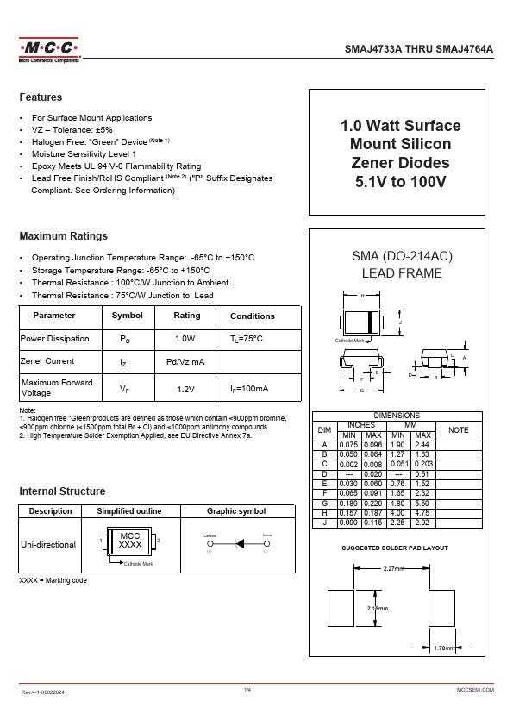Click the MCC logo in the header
click(49, 50)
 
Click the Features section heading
click(41, 97)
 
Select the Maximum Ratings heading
click(63, 235)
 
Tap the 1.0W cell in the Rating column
click(185, 339)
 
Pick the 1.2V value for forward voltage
click(185, 390)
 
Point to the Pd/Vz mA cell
click(185, 362)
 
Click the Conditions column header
click(252, 316)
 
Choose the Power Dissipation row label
click(54, 339)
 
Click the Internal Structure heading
click(62, 491)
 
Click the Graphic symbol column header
click(236, 511)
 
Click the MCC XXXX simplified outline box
click(130, 541)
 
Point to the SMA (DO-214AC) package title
click(402, 256)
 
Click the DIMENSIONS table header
click(397, 416)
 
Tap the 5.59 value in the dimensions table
click(422, 502)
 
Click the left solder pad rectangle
click(341, 608)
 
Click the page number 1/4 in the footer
click(247, 690)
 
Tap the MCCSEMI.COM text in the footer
click(474, 691)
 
